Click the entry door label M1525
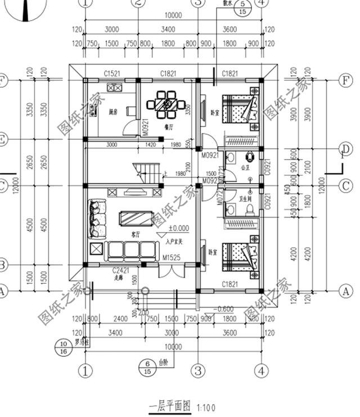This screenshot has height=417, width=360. point(172,258)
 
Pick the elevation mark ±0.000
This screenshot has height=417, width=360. point(178,229)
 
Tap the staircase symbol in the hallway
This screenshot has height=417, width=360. point(146,171)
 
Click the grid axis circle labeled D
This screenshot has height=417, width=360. point(345,148)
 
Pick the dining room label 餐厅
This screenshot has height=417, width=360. point(168,127)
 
